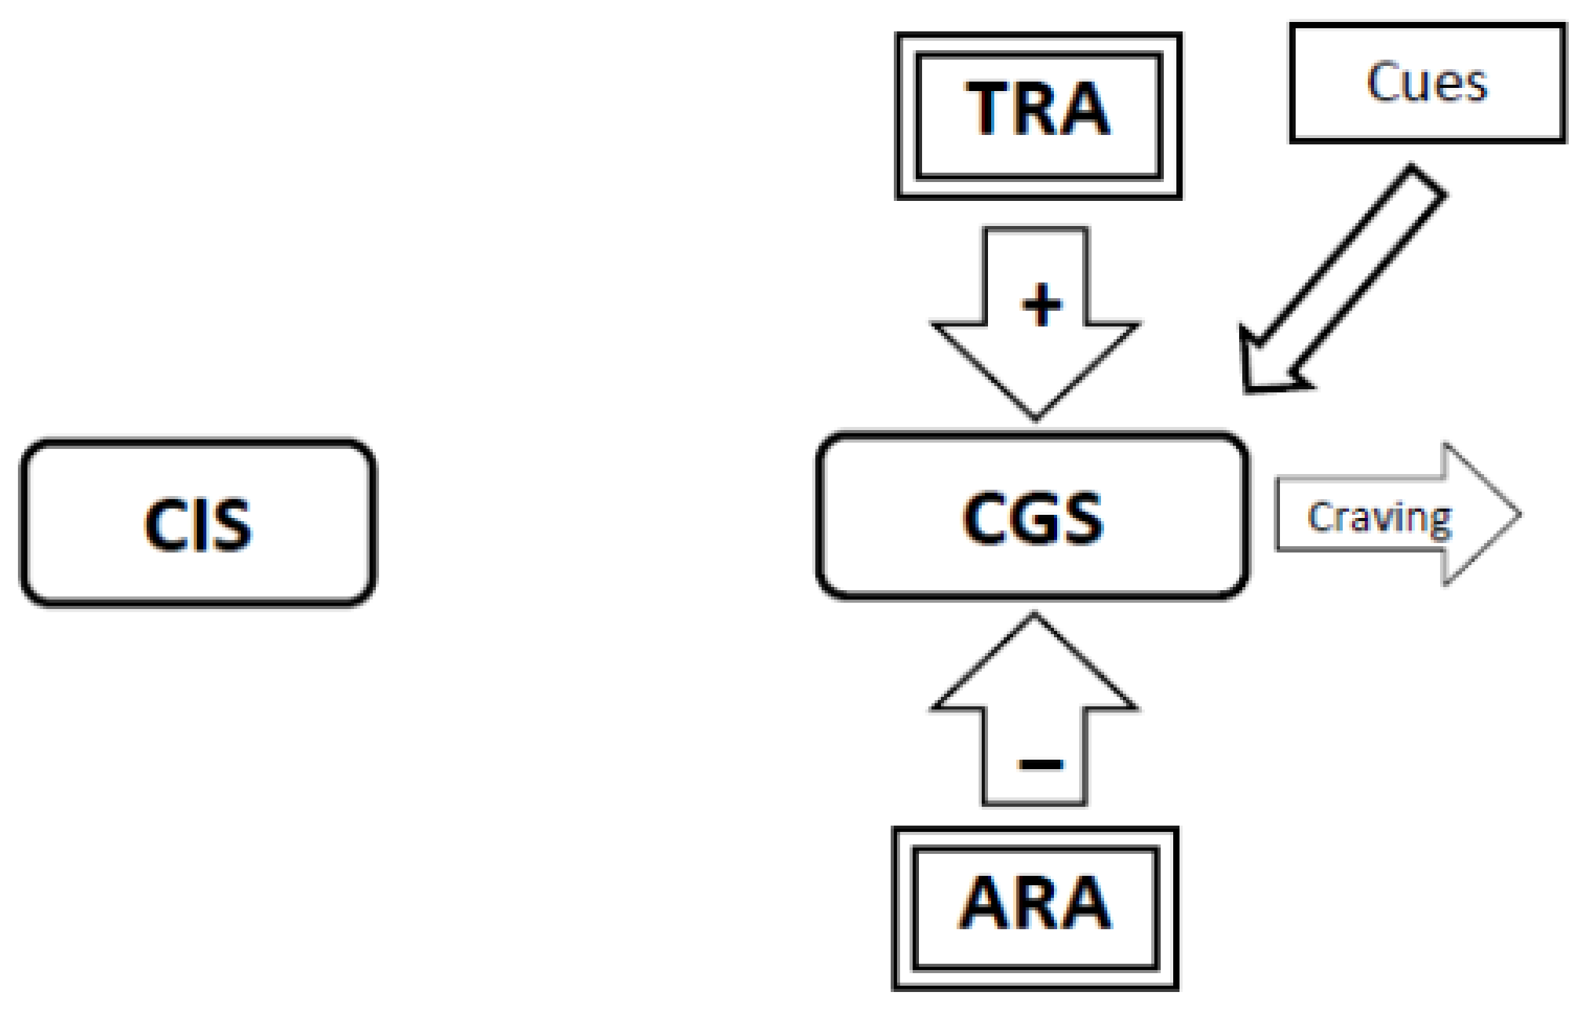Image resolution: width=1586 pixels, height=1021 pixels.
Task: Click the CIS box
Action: coord(198,523)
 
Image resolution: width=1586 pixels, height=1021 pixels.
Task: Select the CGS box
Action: coord(1032,516)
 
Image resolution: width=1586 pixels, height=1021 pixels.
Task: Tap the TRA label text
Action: coord(1037,110)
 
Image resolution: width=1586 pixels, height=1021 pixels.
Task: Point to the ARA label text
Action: coord(1034,904)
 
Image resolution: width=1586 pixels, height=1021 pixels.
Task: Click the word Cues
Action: coord(1427,82)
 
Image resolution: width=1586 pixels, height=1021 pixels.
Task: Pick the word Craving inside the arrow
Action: coord(1379,517)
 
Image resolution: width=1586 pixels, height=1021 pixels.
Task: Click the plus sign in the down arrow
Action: coord(1041,305)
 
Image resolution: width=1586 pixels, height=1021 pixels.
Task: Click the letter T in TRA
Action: coord(990,110)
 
